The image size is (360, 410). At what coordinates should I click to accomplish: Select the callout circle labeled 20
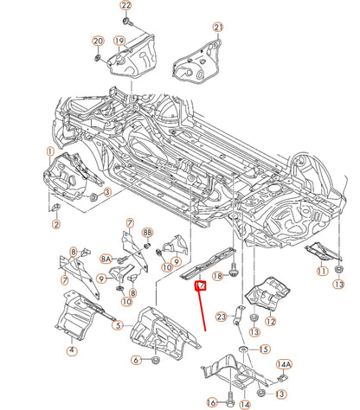coord(97,42)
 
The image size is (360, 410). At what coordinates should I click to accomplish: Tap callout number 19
coord(119,42)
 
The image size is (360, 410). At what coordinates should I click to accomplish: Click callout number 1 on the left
coord(51,151)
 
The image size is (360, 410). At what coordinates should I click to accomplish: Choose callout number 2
coord(56,225)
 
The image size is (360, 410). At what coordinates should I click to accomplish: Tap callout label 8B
coord(147,234)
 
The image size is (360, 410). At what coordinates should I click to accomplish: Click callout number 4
coord(72,350)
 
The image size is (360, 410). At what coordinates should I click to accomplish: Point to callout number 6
coord(136,360)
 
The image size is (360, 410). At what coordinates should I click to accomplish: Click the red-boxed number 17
coord(201,285)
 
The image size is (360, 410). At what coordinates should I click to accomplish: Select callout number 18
coord(218,275)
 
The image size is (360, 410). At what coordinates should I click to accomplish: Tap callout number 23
coord(222,317)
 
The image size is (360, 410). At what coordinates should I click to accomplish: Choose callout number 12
coord(271,322)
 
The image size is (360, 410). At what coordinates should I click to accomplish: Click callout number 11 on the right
coord(322,271)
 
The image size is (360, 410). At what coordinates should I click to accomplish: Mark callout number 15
coord(264,349)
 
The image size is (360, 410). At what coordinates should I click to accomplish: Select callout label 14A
coord(283,366)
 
